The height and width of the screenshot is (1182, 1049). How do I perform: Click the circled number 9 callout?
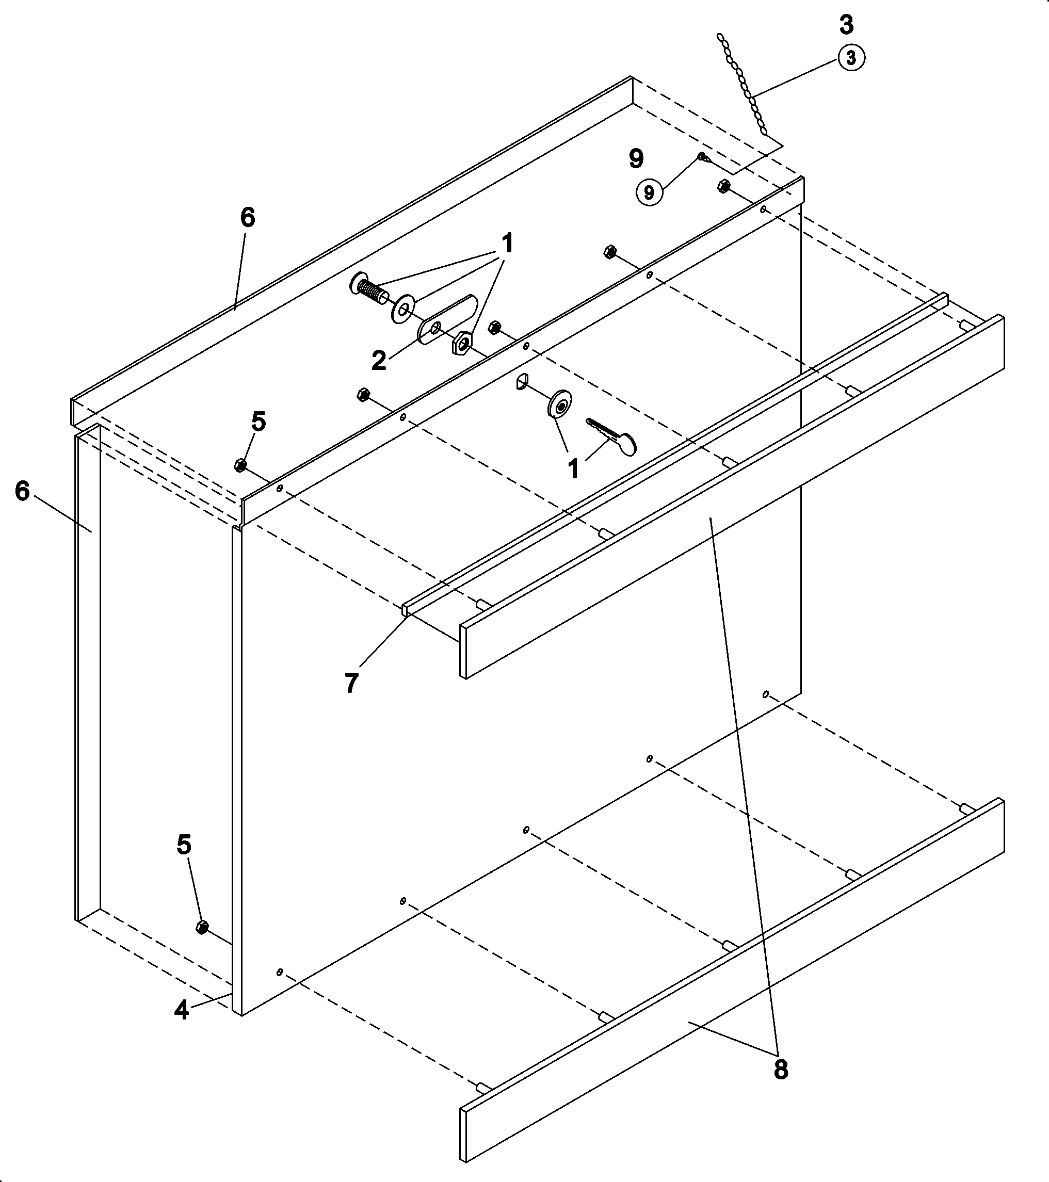[649, 192]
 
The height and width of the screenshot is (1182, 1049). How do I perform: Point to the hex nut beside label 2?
[462, 343]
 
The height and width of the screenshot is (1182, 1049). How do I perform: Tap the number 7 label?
[351, 683]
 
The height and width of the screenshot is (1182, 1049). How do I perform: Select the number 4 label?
[182, 1010]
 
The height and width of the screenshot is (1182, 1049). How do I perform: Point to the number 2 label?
[379, 361]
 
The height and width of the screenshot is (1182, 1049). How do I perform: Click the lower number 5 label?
[184, 845]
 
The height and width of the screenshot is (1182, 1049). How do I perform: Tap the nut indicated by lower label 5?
[202, 927]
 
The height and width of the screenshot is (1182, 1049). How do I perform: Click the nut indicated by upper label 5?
[240, 464]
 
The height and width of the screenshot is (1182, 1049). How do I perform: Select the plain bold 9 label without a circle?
[636, 158]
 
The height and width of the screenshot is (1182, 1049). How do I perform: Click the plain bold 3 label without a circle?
[846, 25]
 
